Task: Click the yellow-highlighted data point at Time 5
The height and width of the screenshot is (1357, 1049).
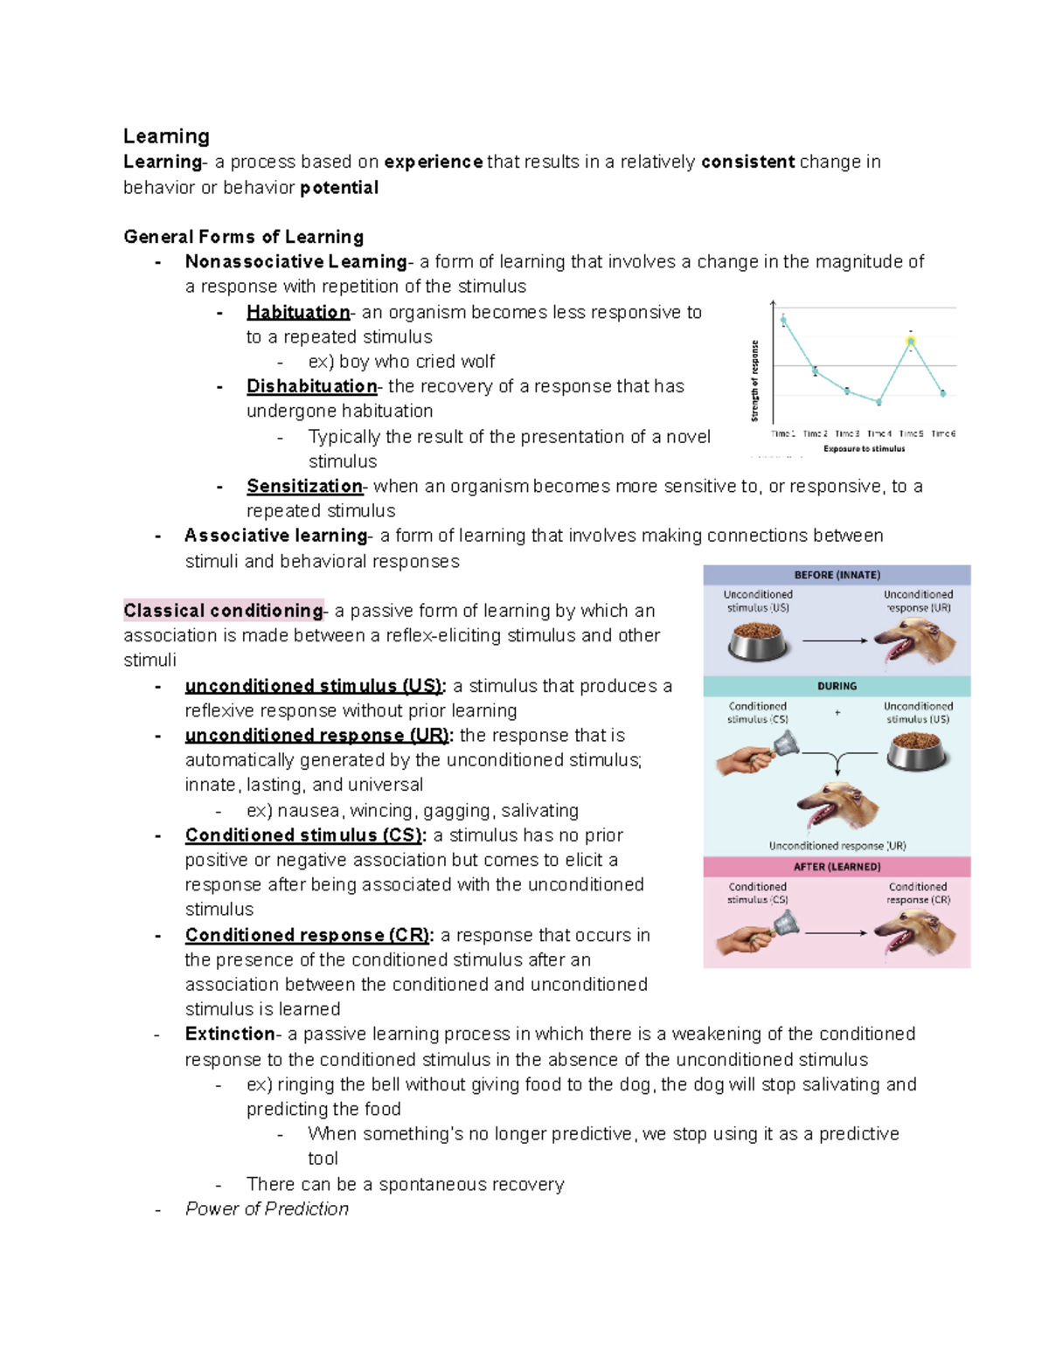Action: pyautogui.click(x=911, y=342)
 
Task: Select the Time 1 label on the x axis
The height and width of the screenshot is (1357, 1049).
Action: pyautogui.click(x=783, y=433)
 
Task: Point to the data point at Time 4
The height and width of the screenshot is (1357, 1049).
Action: pyautogui.click(x=879, y=402)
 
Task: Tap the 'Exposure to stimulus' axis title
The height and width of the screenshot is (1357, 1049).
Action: pyautogui.click(x=864, y=449)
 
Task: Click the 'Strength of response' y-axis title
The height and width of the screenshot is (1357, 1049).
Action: pyautogui.click(x=755, y=381)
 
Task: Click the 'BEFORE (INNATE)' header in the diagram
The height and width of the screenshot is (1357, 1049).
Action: pyautogui.click(x=837, y=575)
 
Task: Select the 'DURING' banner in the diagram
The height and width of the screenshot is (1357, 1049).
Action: pyautogui.click(x=837, y=686)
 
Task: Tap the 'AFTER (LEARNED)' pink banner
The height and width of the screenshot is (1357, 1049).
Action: pyautogui.click(x=837, y=867)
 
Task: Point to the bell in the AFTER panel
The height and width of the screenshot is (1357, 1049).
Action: pyautogui.click(x=785, y=923)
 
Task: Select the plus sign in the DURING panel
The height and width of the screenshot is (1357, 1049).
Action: pyautogui.click(x=837, y=713)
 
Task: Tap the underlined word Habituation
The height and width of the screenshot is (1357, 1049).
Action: pyautogui.click(x=298, y=312)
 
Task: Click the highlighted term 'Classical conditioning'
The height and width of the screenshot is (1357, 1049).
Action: pyautogui.click(x=224, y=611)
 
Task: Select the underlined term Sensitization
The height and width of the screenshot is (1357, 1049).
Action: pyautogui.click(x=304, y=486)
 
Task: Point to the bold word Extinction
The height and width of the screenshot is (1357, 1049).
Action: pyautogui.click(x=230, y=1034)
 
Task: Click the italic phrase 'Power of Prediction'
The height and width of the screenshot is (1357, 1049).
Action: pyautogui.click(x=267, y=1208)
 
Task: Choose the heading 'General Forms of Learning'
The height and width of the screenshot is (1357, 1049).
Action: pyautogui.click(x=243, y=237)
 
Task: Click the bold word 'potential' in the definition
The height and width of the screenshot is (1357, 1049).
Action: pyautogui.click(x=339, y=187)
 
